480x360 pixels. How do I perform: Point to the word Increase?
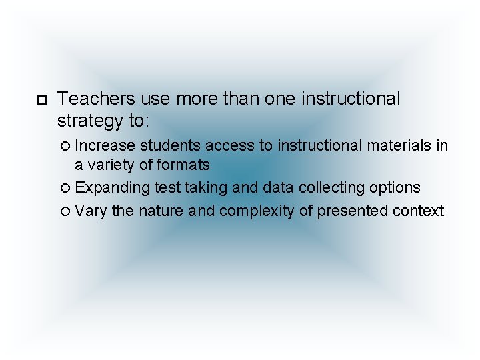click(105, 145)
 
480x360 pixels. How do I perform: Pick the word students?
click(170, 145)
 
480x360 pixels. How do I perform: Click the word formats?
click(183, 165)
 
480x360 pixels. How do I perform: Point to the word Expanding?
click(112, 189)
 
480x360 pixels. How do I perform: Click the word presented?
click(353, 212)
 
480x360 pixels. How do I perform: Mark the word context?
click(418, 211)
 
